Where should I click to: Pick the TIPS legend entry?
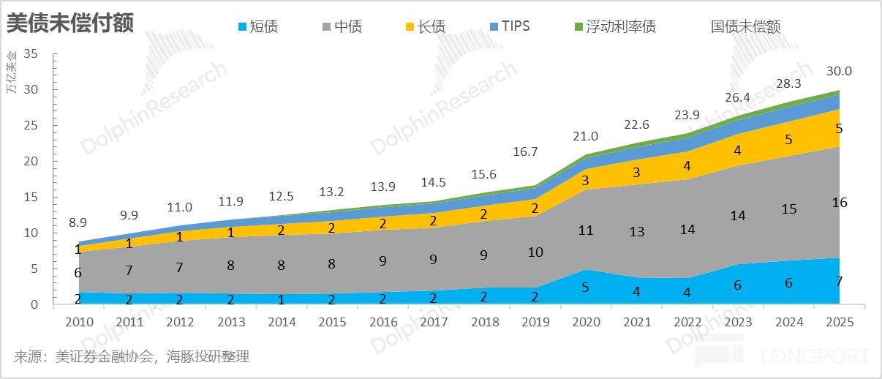(x=510, y=27)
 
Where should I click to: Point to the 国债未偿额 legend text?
(x=745, y=27)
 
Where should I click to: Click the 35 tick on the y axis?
(x=31, y=54)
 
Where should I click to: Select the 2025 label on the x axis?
(x=839, y=322)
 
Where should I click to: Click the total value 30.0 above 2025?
(x=839, y=71)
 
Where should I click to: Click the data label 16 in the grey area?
(x=839, y=203)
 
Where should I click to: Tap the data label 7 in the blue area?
(x=839, y=281)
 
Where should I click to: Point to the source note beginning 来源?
(x=132, y=357)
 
